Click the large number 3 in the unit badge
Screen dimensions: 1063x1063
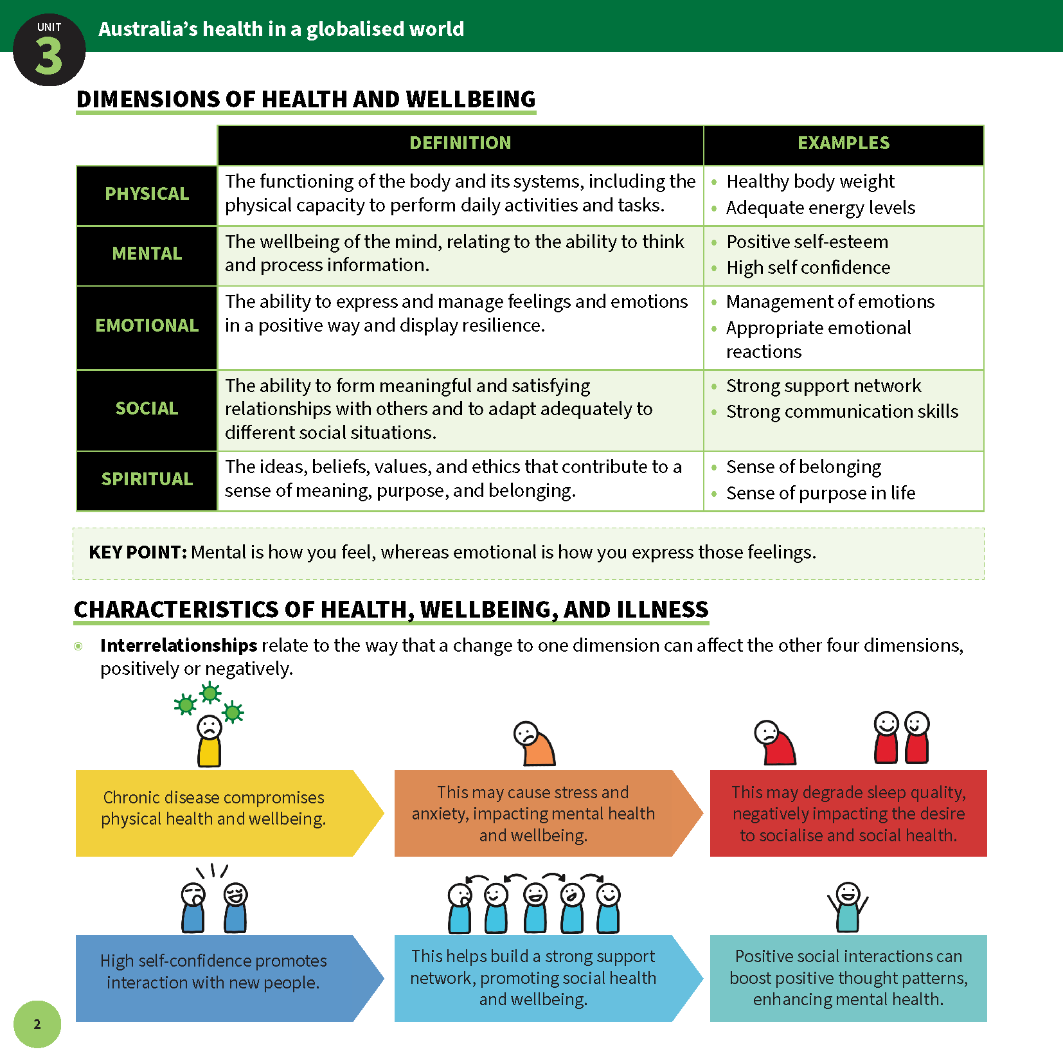48,57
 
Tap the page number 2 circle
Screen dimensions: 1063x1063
37,1024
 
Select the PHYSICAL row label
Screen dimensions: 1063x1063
147,194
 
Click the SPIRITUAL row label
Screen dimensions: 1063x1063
147,479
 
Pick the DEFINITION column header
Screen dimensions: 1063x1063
460,143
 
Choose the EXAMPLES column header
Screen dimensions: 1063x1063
843,143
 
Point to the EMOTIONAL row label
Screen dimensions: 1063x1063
147,326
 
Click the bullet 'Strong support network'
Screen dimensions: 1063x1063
823,386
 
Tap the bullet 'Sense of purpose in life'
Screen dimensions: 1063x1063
821,493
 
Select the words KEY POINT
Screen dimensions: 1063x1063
138,552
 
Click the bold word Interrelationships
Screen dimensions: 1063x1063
179,645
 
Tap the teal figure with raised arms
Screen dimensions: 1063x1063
848,907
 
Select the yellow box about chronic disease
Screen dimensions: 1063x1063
214,813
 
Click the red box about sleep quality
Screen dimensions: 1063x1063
848,813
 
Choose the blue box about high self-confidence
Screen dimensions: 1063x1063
214,978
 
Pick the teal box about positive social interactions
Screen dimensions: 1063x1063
848,978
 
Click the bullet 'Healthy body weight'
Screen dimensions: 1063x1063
810,182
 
